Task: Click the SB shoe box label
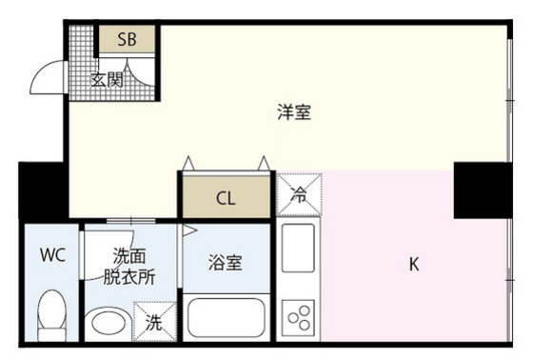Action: tap(128, 40)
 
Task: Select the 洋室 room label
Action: tap(293, 112)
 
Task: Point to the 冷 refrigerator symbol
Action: tap(299, 196)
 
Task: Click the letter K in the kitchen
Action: tap(414, 265)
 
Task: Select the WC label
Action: tap(51, 255)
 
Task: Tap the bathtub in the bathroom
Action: tap(226, 317)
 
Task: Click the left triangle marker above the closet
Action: tap(188, 163)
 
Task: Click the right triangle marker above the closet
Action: tap(265, 163)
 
